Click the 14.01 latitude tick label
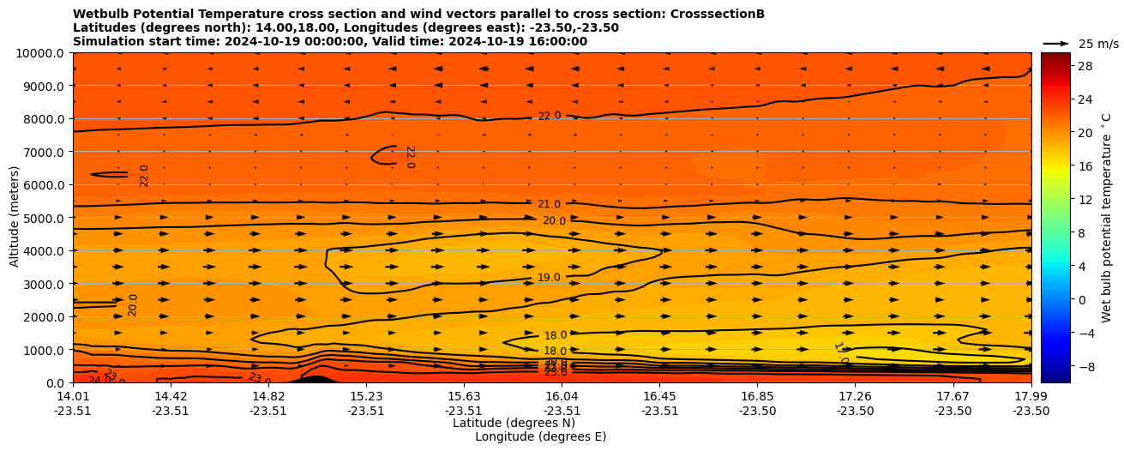(73, 396)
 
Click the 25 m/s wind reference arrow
(1056, 44)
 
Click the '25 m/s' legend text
(1098, 44)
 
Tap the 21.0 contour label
(549, 204)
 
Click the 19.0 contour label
(549, 278)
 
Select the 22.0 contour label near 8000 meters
(549, 116)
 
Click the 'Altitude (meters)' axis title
(15, 218)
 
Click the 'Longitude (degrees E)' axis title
(540, 436)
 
